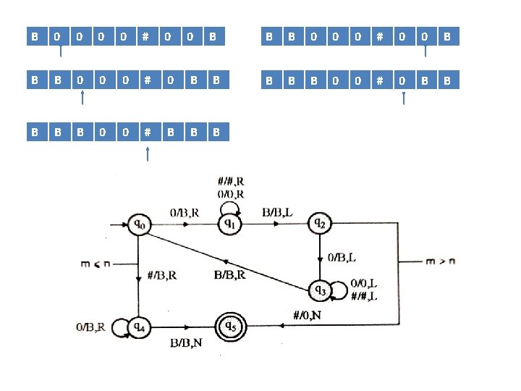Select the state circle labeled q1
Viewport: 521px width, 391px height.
229,224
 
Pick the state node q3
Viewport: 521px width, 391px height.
320,290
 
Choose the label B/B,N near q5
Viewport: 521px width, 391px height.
186,342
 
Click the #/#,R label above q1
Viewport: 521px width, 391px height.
230,182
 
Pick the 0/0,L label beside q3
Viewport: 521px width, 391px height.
363,283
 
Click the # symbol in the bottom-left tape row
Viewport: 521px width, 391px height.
147,132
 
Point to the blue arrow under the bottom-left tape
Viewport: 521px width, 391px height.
147,154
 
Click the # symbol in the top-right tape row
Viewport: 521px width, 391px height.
380,35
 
